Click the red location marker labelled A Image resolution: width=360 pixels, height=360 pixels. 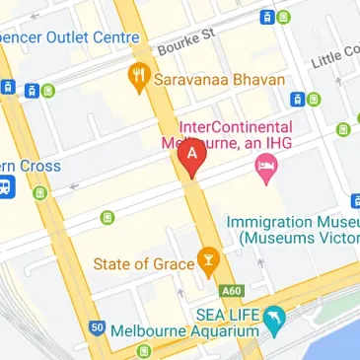191,156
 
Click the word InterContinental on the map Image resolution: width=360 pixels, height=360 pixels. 235,127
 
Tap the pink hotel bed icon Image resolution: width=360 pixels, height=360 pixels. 265,169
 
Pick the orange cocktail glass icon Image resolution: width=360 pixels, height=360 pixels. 207,259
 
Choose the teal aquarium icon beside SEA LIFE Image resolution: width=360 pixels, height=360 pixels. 275,317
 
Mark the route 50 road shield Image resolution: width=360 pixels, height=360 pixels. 96,327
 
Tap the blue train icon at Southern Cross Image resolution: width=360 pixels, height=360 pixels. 5,186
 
